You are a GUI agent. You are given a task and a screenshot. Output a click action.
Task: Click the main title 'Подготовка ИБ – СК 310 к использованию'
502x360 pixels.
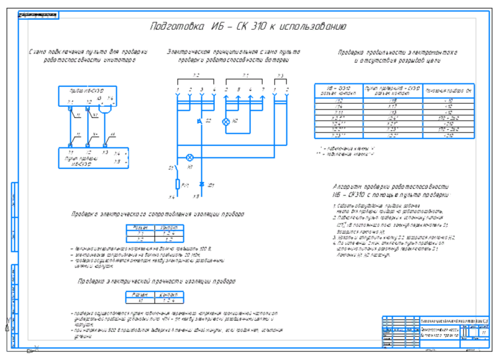click(249, 27)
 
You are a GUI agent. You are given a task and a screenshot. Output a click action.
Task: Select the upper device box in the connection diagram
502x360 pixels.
click(87, 94)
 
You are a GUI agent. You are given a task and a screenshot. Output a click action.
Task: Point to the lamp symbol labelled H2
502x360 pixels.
click(226, 121)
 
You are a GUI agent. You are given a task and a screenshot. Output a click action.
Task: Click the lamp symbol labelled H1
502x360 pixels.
click(190, 157)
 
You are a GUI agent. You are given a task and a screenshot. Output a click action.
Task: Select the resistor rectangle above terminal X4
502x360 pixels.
click(178, 184)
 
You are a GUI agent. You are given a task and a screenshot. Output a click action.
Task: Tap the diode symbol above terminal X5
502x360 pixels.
click(201, 185)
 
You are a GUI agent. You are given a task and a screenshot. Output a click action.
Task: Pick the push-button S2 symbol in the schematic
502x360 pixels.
click(201, 120)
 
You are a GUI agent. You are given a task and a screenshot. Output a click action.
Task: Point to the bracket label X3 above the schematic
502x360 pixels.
click(280, 75)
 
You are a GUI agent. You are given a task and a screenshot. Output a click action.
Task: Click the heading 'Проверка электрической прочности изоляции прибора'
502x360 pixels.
click(157, 281)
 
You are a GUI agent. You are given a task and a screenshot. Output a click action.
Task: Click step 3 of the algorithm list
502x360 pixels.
click(385, 238)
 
